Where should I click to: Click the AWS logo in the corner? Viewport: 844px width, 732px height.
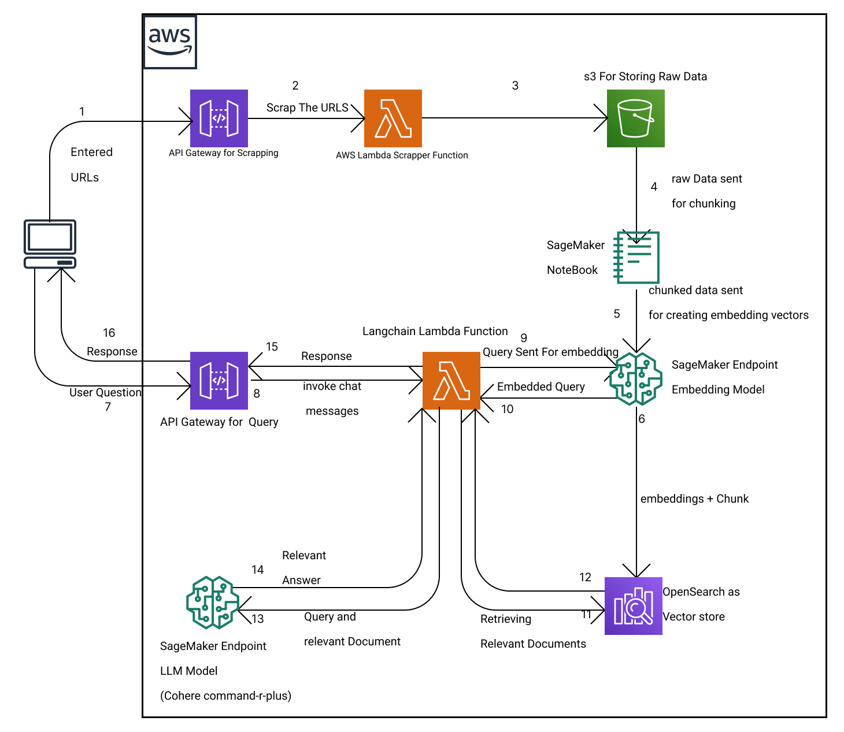(x=169, y=42)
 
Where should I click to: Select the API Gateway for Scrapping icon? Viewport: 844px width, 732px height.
(x=219, y=118)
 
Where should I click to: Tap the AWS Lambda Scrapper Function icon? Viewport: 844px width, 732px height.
(x=393, y=118)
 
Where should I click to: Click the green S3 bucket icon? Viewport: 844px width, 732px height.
(x=636, y=118)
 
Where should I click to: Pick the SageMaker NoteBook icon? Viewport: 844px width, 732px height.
(x=636, y=257)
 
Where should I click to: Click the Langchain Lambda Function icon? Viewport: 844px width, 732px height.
(x=451, y=380)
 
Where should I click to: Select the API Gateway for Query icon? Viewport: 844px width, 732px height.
(x=219, y=380)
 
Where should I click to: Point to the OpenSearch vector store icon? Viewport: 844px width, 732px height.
(x=634, y=605)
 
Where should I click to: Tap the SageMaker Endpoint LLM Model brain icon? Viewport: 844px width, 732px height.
(x=213, y=602)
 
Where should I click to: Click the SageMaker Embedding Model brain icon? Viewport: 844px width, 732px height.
(x=636, y=379)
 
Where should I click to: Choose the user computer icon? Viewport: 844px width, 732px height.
(x=50, y=244)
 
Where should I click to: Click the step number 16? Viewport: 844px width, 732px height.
(x=109, y=333)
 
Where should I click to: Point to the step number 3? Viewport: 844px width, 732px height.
(x=515, y=86)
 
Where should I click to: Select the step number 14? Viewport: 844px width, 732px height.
(x=258, y=570)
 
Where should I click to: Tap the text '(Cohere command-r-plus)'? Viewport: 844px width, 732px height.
(x=225, y=696)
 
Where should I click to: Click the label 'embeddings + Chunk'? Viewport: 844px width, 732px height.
(x=694, y=499)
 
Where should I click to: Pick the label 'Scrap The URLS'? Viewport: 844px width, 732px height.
(x=308, y=107)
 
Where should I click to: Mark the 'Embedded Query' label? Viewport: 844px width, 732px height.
(x=541, y=387)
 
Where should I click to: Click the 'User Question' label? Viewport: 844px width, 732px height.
(x=105, y=392)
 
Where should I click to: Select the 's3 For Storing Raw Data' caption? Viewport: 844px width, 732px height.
(x=645, y=76)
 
